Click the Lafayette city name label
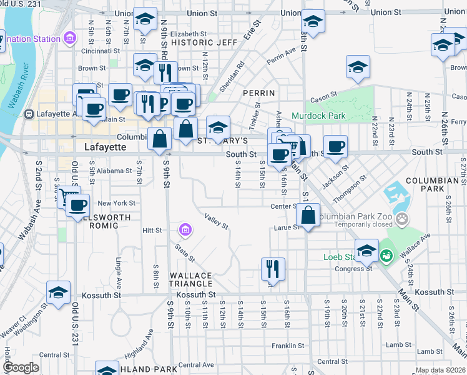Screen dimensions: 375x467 pos(105,147)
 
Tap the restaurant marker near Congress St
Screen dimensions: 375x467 pos(273,269)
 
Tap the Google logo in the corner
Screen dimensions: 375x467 pos(20,367)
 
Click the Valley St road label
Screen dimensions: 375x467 pos(216,221)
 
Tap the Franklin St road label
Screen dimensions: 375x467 pos(288,345)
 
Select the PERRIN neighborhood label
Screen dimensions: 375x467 pos(258,93)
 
